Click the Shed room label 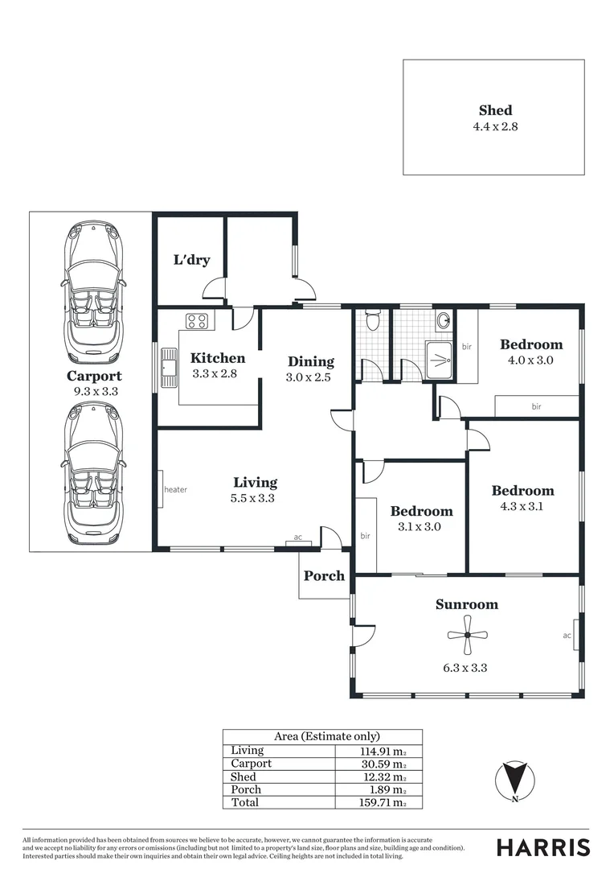[x=494, y=111]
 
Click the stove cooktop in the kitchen [x=197, y=321]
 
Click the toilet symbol [x=371, y=321]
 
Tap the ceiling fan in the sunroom [x=467, y=636]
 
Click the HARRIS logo [x=542, y=847]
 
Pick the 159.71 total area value [x=383, y=803]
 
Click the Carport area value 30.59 [x=386, y=764]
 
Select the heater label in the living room [x=175, y=489]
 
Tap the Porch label [x=324, y=576]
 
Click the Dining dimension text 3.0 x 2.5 [x=308, y=377]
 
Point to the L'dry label [x=191, y=259]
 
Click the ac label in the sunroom [x=567, y=636]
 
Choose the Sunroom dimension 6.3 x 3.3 [x=467, y=667]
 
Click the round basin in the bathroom [x=444, y=320]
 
